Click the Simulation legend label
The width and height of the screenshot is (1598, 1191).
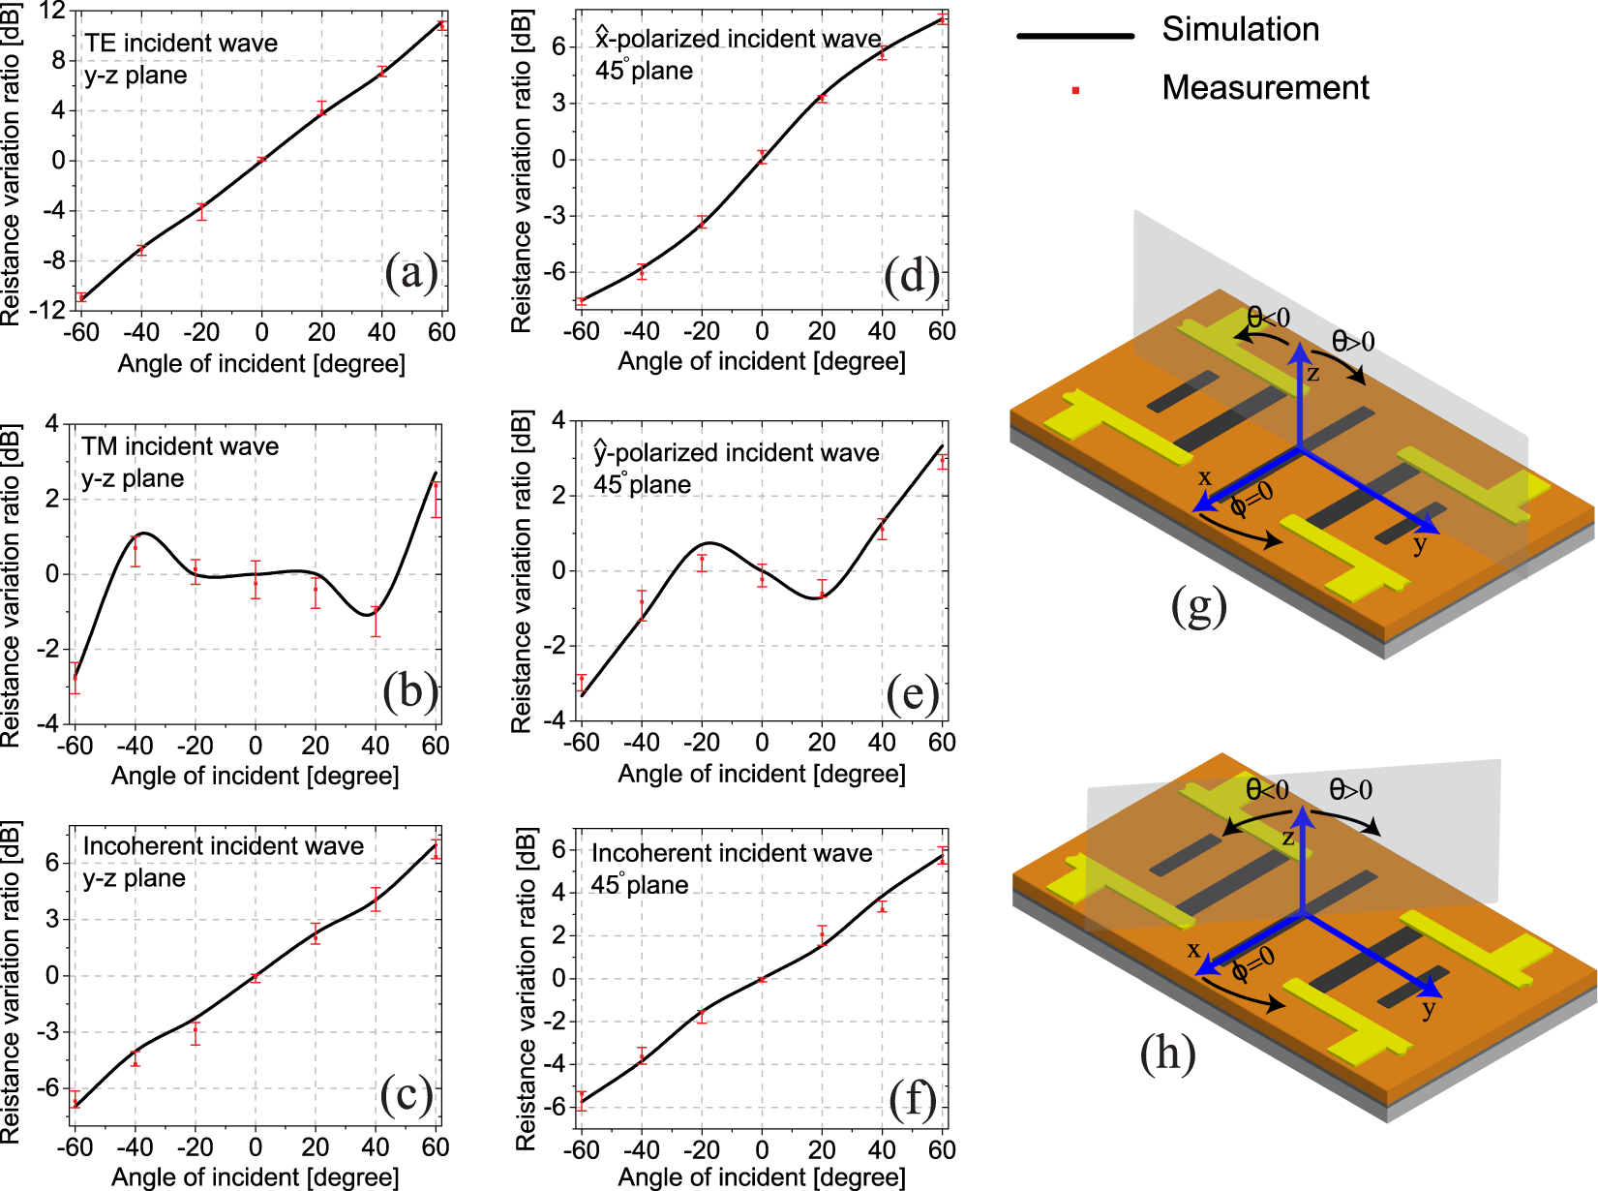pos(1240,30)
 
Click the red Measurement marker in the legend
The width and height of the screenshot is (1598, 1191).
pos(1075,91)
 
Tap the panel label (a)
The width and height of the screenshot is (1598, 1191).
pos(411,273)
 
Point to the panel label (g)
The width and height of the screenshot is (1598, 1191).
pos(1198,606)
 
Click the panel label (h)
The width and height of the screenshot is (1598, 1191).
pos(1167,1054)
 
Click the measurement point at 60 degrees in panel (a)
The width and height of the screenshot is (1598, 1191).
pos(442,25)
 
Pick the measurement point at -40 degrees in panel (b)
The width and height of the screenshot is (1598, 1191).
pos(136,549)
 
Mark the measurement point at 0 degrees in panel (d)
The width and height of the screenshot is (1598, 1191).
pos(762,156)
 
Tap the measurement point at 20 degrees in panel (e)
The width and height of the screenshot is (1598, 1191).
pos(822,591)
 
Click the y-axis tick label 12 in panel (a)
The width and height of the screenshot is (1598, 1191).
pos(52,12)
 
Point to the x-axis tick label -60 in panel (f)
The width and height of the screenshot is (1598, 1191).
pos(582,1149)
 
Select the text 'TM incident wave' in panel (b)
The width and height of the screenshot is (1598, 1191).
pos(180,446)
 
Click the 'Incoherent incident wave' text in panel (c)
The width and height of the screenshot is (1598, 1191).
pos(224,846)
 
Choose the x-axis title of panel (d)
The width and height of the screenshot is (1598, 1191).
pos(762,361)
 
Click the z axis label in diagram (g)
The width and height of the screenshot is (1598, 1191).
pos(1313,374)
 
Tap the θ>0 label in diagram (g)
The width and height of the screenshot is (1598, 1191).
pos(1353,341)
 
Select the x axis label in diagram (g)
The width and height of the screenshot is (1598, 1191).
pos(1204,477)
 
